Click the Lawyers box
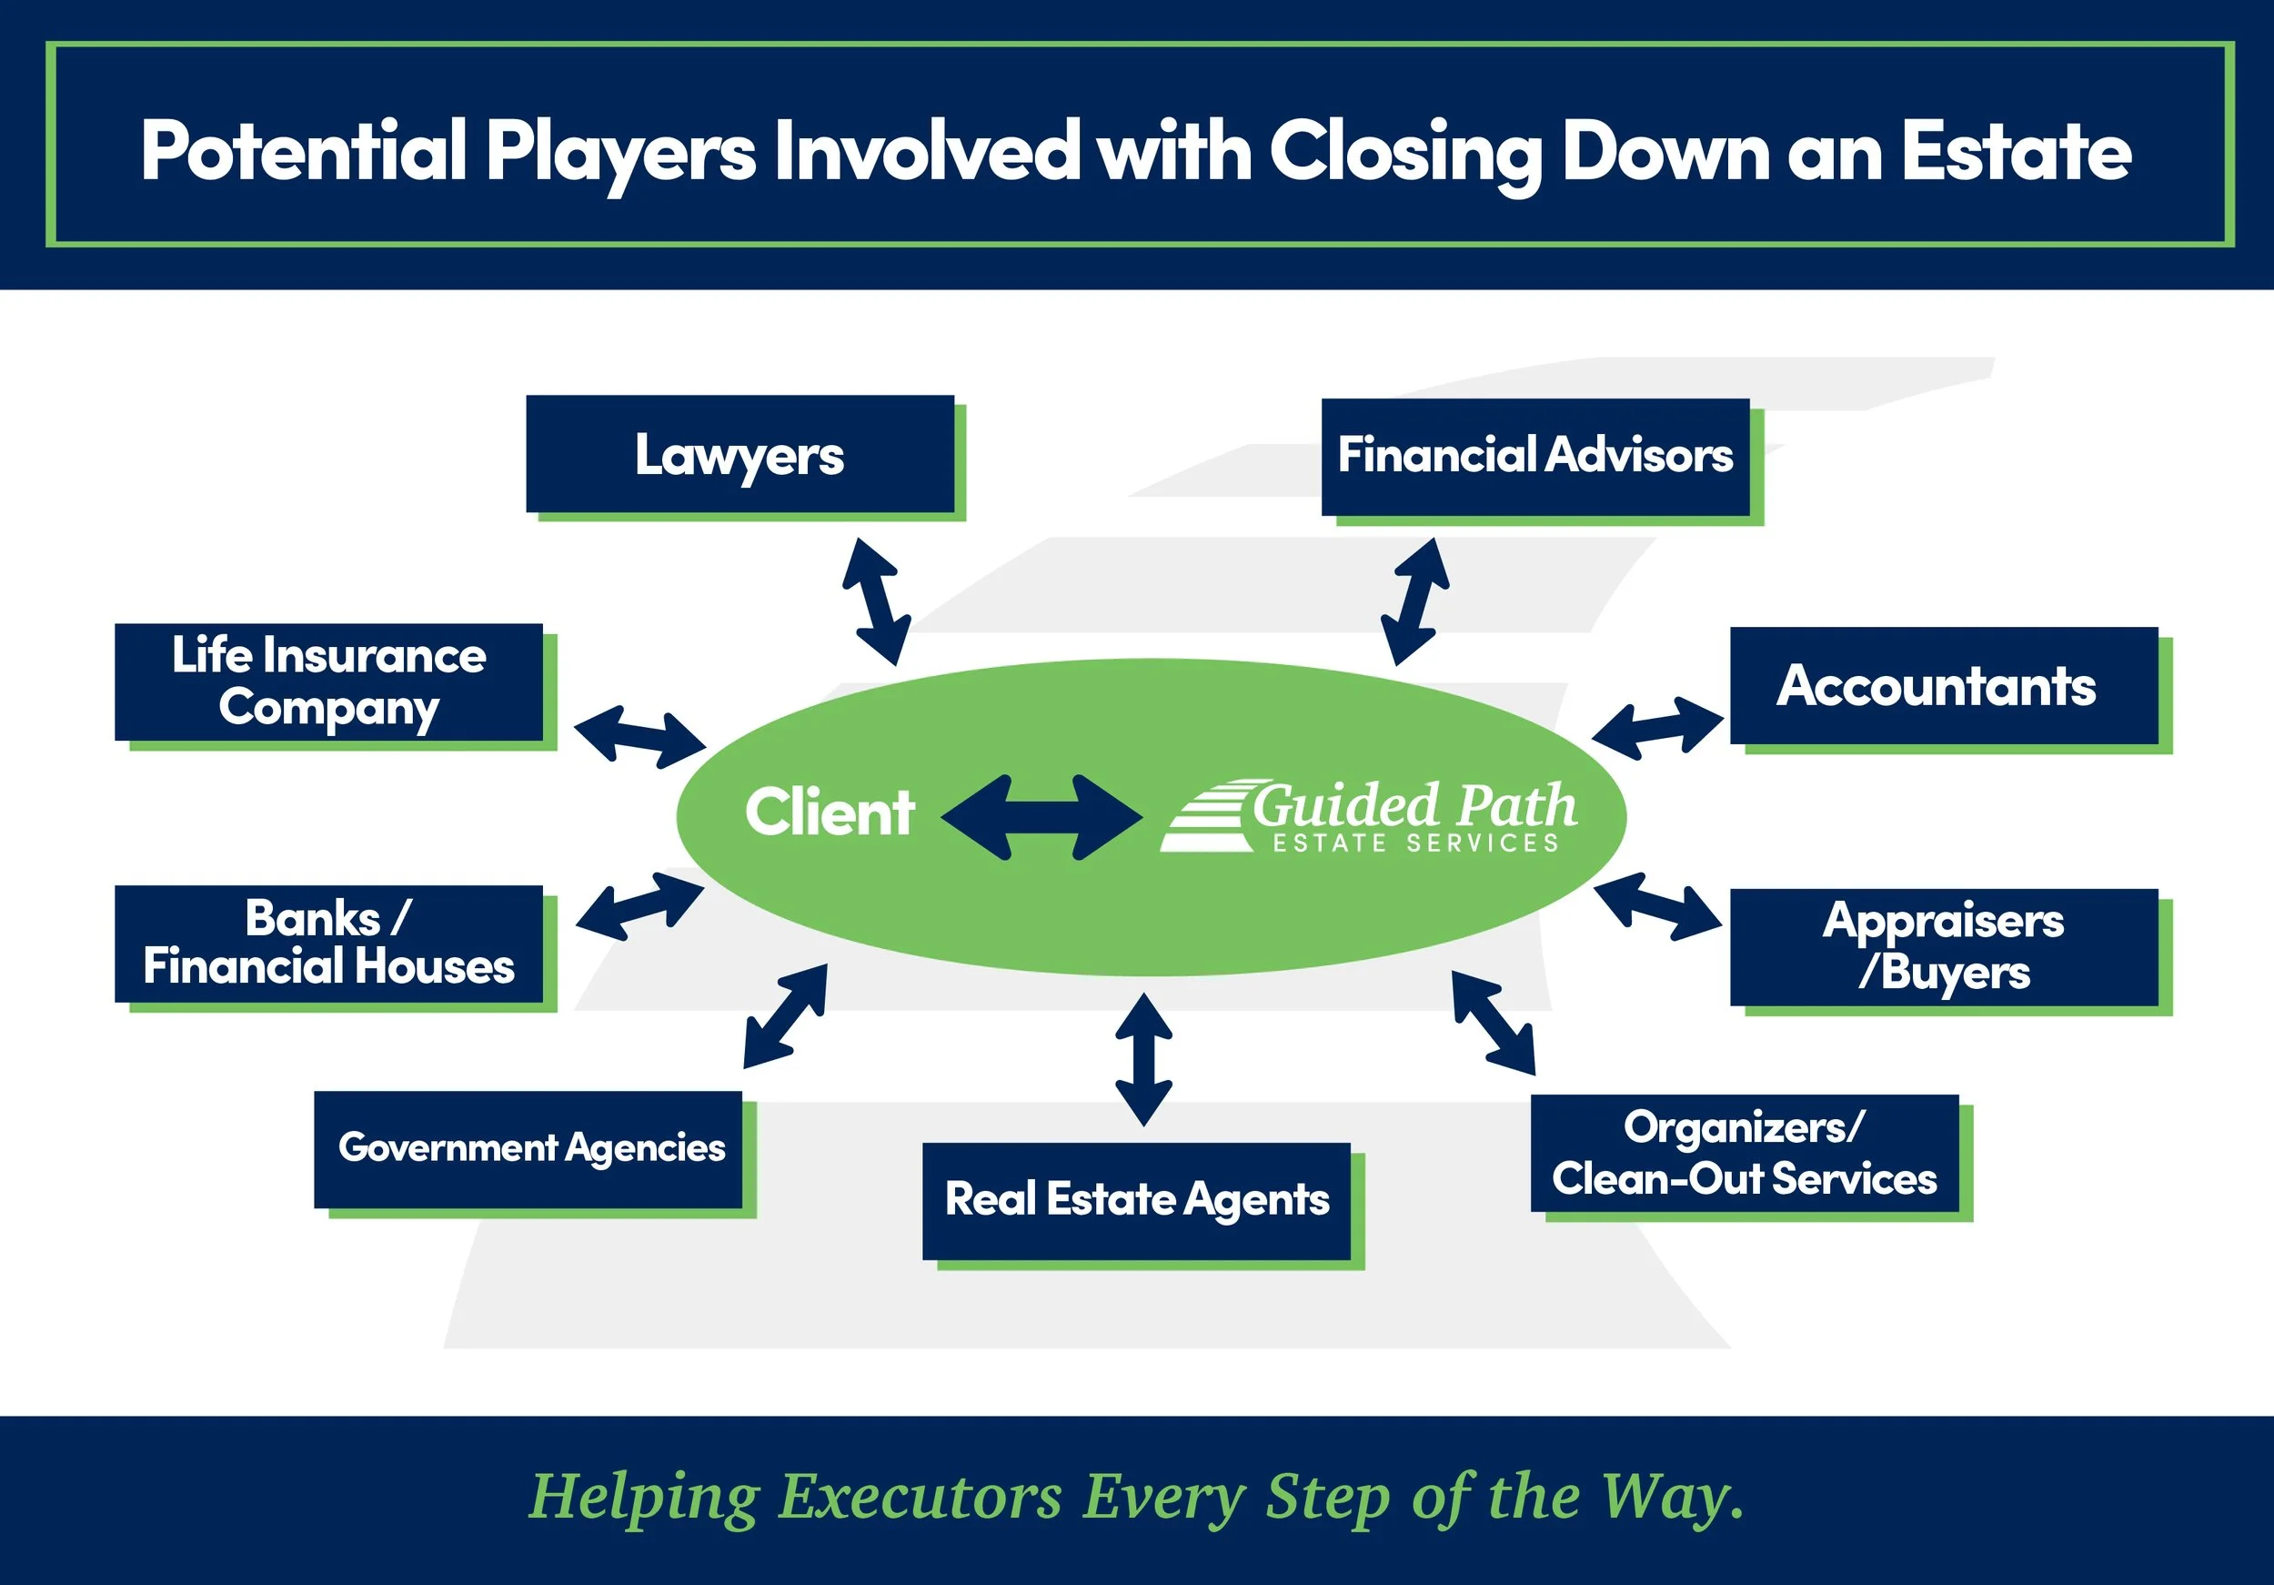[x=740, y=455]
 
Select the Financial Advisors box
[x=1535, y=457]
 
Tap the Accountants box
[x=1943, y=685]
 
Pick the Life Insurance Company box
[x=328, y=682]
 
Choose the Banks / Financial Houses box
[x=328, y=943]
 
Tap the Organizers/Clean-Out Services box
[x=1744, y=1153]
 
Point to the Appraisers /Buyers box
[x=1943, y=947]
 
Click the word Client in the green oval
[x=829, y=813]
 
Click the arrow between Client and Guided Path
[x=1041, y=817]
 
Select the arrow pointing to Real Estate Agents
[x=1143, y=1060]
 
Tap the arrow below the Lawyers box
[x=876, y=601]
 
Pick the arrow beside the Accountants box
[x=1657, y=727]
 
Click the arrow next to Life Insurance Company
[x=639, y=737]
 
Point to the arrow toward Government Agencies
[x=785, y=1016]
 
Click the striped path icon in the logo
[x=1205, y=817]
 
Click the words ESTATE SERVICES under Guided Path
[x=1415, y=843]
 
